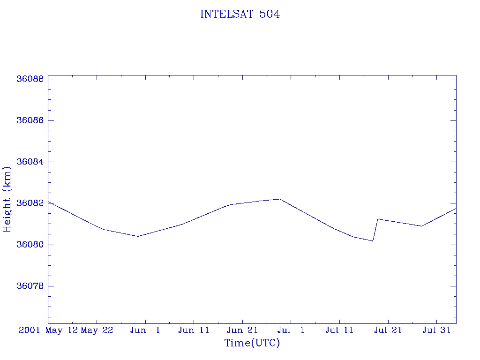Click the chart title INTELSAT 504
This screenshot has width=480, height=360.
(x=240, y=15)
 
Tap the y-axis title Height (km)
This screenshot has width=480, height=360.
(x=7, y=199)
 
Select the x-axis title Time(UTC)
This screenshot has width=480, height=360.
(x=252, y=343)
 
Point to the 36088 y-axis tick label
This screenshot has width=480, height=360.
(x=30, y=79)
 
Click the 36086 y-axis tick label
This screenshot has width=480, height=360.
(x=30, y=120)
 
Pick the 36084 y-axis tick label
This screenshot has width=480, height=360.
(x=30, y=162)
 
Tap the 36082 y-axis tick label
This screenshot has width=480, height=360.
(x=30, y=203)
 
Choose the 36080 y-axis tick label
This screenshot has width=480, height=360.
(x=30, y=245)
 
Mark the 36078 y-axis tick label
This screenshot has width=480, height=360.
(x=30, y=286)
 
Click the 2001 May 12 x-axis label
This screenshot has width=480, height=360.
(x=48, y=330)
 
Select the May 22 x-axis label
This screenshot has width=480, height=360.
(x=97, y=330)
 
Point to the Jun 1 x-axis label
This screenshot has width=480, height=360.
(x=145, y=330)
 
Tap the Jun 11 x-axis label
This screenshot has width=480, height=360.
(x=194, y=330)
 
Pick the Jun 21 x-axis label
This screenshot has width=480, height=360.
(x=242, y=330)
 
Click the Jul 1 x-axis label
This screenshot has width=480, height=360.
(x=291, y=330)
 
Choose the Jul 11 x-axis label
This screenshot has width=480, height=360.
(x=339, y=330)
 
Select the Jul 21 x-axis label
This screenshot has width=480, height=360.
(x=388, y=330)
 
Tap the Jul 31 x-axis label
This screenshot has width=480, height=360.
(x=436, y=330)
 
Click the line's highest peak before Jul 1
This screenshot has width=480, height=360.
(x=279, y=199)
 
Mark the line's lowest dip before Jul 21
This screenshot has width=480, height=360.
(x=373, y=241)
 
